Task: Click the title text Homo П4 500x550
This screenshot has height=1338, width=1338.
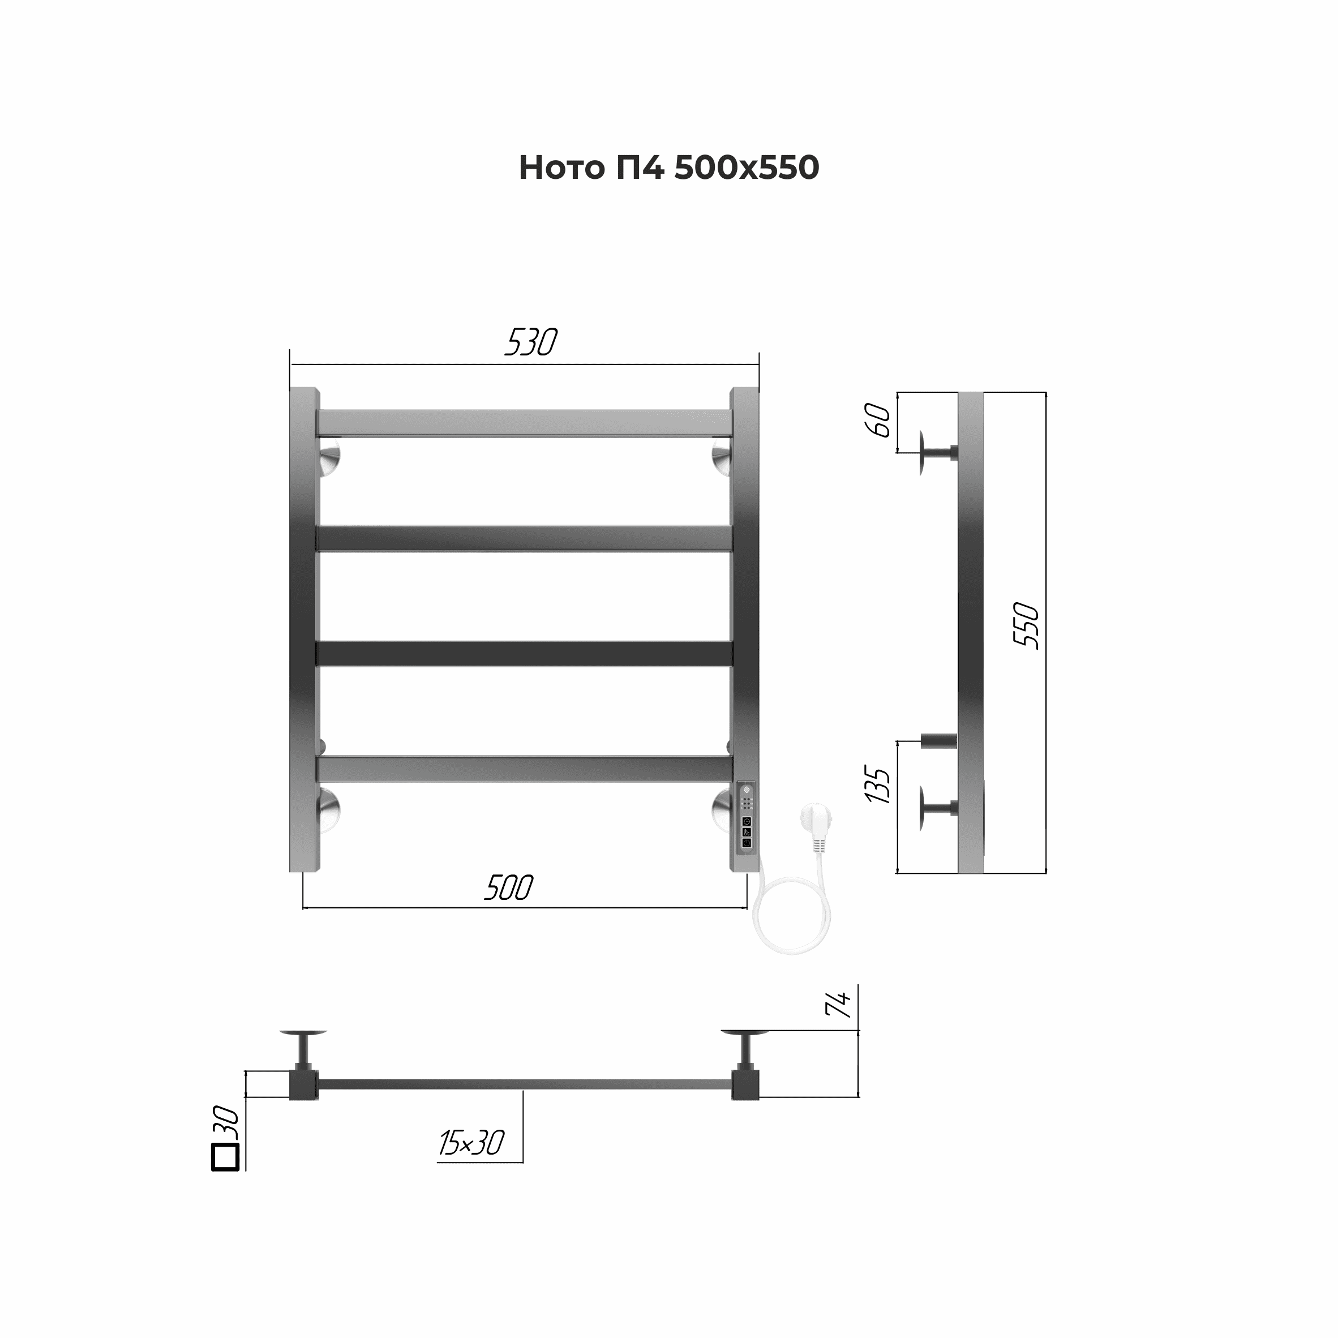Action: [669, 168]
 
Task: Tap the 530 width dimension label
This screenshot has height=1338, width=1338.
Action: [531, 342]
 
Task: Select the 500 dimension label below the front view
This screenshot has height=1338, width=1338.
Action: [509, 888]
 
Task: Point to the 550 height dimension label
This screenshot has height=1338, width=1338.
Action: [1026, 626]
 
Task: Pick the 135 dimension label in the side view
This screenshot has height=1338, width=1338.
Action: [877, 784]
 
